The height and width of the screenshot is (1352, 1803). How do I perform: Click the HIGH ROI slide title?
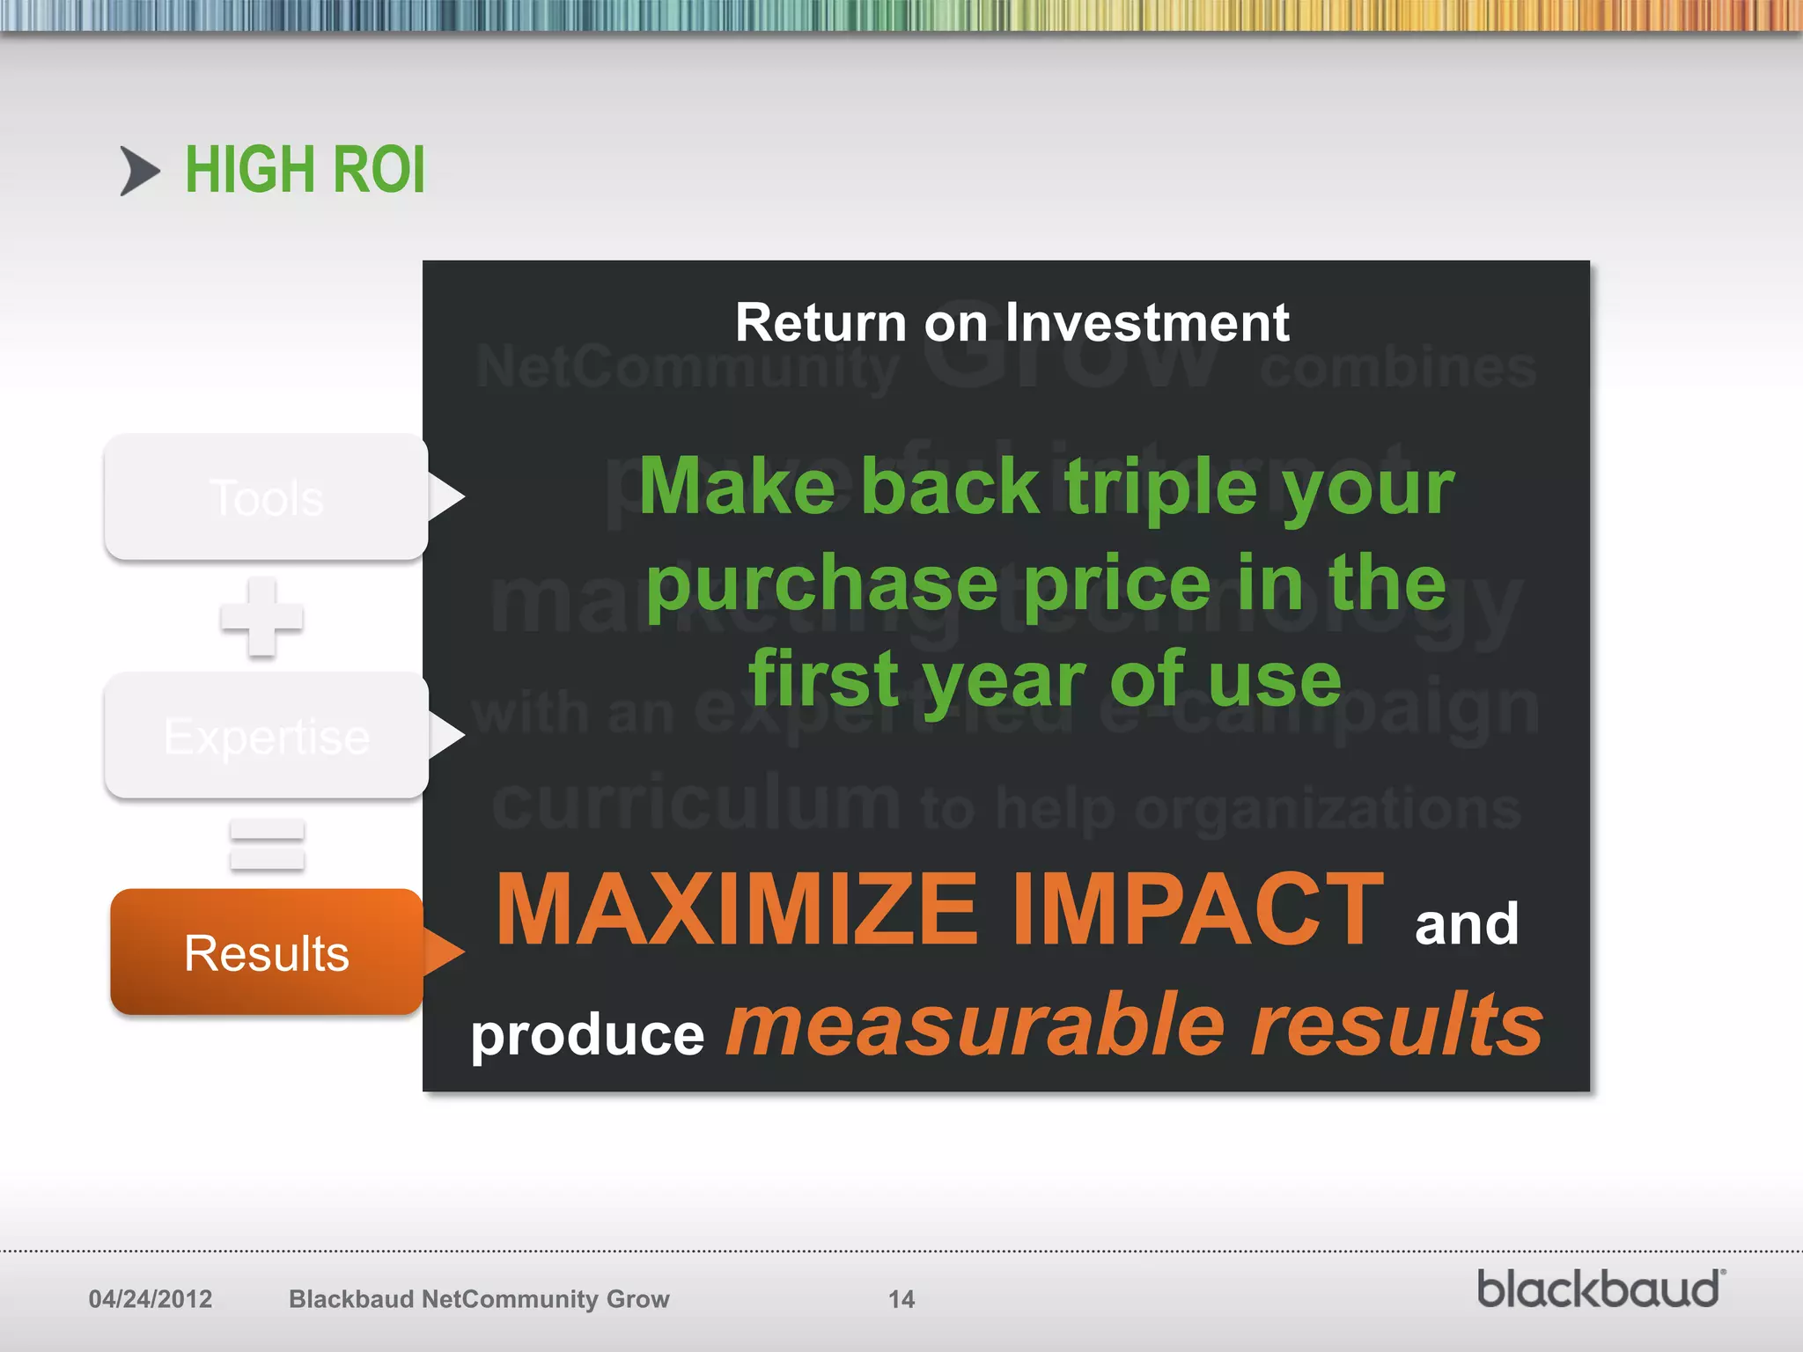(305, 170)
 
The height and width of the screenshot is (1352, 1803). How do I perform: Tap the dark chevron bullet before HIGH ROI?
(139, 171)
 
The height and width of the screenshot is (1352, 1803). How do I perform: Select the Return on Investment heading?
(1012, 322)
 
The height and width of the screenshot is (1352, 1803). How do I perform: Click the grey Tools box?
(266, 497)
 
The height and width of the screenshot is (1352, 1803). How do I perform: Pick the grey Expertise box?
(266, 736)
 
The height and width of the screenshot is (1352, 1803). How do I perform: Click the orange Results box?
(266, 952)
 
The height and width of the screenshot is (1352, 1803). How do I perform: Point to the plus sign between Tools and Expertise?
(261, 617)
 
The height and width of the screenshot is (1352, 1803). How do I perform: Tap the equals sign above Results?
(267, 845)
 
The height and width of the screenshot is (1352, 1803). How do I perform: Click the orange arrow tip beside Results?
(445, 952)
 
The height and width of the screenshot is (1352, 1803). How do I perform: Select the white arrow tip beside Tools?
(446, 497)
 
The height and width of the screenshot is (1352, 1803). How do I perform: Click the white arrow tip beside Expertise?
(446, 736)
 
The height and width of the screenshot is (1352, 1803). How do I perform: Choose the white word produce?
(587, 1035)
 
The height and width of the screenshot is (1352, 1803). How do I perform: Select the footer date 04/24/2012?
(151, 1299)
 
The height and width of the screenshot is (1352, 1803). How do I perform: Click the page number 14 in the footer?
(901, 1299)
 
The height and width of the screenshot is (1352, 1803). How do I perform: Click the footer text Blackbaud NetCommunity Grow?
(479, 1299)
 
